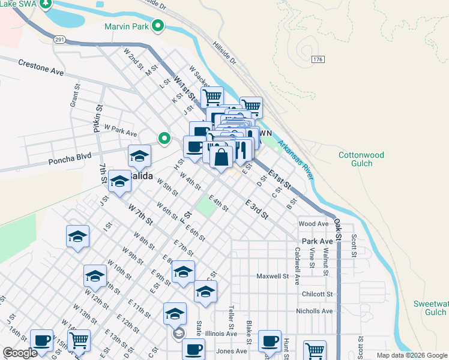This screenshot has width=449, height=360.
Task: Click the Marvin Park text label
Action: (127, 26)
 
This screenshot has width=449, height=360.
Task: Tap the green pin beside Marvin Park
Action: (158, 26)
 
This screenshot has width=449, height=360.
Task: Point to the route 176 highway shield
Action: (318, 59)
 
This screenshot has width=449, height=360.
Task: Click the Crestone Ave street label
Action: (41, 67)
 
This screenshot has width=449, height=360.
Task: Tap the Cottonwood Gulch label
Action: (361, 158)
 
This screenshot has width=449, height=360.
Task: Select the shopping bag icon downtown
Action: (221, 158)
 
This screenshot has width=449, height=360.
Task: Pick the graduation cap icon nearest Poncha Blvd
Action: (139, 157)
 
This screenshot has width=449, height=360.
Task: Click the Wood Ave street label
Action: (313, 224)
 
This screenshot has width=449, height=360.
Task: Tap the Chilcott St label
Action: (318, 294)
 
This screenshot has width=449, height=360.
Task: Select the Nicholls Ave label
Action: (314, 311)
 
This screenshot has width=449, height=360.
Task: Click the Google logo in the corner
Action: (19, 353)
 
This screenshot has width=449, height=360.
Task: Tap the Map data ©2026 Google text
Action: (412, 355)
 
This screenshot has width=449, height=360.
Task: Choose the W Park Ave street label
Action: (121, 130)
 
